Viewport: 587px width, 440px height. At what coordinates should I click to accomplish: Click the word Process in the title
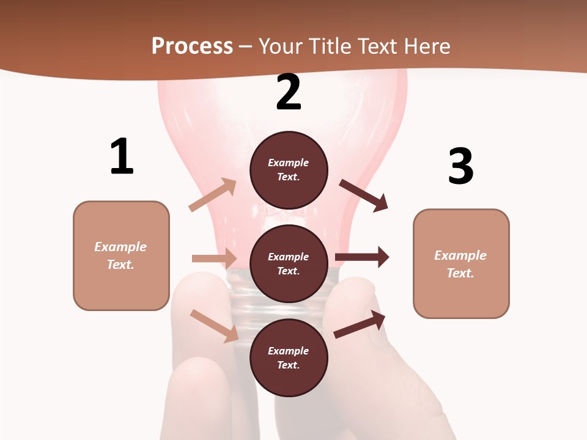[x=192, y=46]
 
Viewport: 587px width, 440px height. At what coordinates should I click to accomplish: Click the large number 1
[x=122, y=156]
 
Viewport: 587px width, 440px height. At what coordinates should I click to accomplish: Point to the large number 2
[x=289, y=92]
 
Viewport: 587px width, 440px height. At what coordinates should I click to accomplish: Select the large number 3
[x=460, y=166]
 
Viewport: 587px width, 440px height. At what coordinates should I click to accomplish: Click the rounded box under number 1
[x=121, y=255]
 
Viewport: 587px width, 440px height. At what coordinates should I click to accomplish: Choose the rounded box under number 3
[x=461, y=264]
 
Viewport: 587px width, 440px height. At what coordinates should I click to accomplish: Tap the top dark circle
[x=289, y=170]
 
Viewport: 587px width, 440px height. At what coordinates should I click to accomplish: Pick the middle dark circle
[x=289, y=264]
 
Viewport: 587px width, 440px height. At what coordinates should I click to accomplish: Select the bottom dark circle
[x=289, y=358]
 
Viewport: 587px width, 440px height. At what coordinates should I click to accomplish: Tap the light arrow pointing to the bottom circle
[x=214, y=325]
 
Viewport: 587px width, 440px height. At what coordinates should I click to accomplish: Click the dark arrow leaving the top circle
[x=364, y=195]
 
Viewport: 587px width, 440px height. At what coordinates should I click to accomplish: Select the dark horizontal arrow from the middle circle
[x=362, y=257]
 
